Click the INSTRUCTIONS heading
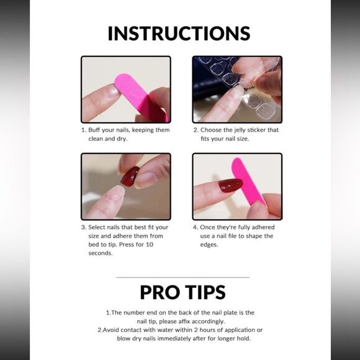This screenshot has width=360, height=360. click(x=179, y=34)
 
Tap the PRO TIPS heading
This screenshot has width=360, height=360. click(x=182, y=292)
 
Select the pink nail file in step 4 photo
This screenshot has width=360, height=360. click(x=248, y=181)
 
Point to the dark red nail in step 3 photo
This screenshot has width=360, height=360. click(x=129, y=176)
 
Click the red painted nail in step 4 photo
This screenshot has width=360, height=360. click(x=230, y=186)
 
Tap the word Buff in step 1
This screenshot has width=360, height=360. click(x=94, y=130)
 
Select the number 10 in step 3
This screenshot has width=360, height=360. click(x=150, y=245)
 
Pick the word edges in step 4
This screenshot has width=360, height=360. click(x=209, y=245)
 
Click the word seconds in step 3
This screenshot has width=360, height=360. click(x=101, y=253)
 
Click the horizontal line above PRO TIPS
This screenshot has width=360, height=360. click(x=182, y=277)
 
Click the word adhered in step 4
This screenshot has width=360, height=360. click(x=264, y=227)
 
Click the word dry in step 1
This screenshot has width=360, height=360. click(x=122, y=139)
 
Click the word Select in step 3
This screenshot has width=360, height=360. click(x=96, y=227)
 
